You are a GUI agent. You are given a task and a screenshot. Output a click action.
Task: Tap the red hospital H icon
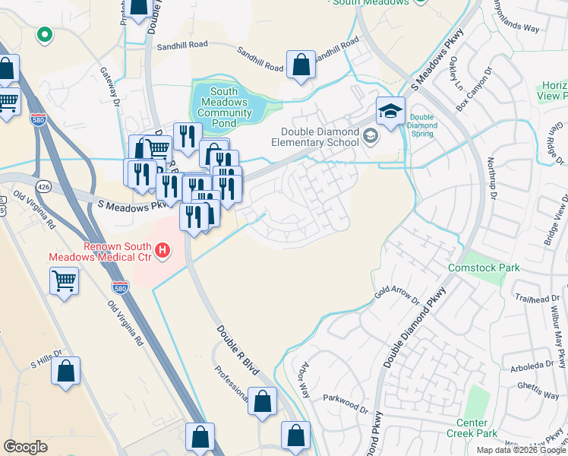click(x=162, y=249)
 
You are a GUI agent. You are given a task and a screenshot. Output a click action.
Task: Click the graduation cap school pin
click(x=390, y=112)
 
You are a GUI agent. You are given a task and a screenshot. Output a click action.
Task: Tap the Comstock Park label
click(x=494, y=268)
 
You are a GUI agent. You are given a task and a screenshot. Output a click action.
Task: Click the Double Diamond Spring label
click(x=421, y=125)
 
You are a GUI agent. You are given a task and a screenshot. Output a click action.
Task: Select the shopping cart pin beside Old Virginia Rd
click(x=65, y=280)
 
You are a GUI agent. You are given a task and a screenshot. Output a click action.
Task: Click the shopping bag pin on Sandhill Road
click(x=301, y=64)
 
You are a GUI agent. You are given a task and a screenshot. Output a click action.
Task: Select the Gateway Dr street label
click(x=111, y=85)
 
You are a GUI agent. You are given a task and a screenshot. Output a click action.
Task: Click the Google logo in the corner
click(x=25, y=446)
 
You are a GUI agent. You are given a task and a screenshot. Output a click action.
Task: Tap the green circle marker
click(x=45, y=33)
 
